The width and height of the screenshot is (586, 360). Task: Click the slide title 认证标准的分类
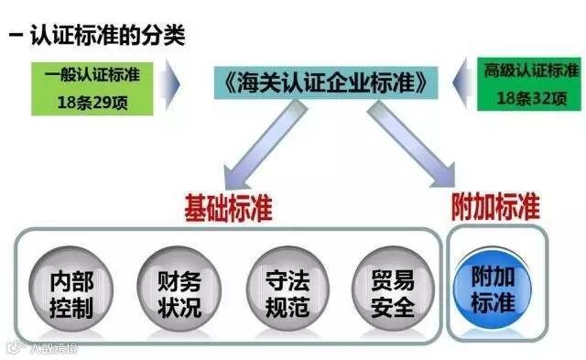[109, 37]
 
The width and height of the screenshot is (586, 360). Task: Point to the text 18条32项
[530, 100]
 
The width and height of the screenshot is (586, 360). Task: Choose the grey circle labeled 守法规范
[285, 292]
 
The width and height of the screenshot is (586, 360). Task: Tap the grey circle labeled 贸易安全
[392, 292]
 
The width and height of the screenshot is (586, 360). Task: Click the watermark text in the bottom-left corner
[42, 347]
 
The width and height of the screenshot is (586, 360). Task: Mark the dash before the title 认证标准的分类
[16, 38]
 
